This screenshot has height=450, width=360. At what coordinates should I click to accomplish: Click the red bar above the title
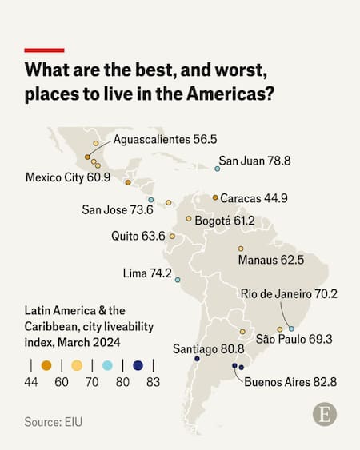tap(44, 50)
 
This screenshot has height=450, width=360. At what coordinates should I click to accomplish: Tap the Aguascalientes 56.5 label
tap(165, 139)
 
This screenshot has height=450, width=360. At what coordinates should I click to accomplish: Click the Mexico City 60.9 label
tap(67, 177)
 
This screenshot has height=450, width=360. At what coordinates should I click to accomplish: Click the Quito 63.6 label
tap(138, 236)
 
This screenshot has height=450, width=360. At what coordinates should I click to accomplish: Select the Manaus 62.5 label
tap(270, 260)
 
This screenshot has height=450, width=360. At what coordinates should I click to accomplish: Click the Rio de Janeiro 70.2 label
tap(289, 293)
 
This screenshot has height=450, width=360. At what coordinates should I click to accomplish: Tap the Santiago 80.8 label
tap(209, 348)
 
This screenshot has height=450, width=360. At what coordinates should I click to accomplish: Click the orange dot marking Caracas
tap(215, 197)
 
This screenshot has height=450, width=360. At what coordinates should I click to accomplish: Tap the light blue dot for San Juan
tap(218, 169)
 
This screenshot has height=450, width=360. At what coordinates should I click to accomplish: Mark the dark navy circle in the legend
tap(138, 365)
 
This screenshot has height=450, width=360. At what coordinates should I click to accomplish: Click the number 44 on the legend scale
tap(31, 383)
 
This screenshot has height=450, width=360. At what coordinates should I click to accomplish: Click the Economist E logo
tap(324, 414)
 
